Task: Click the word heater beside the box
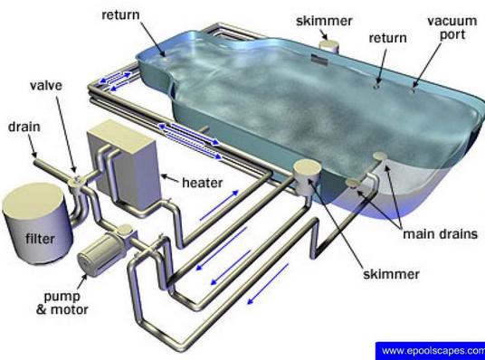coord(203,183)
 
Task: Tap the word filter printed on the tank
coord(40,239)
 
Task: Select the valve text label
coord(46,85)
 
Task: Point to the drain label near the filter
coord(24,127)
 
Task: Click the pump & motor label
coord(62,303)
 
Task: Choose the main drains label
coord(440,233)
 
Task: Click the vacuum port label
coord(452,27)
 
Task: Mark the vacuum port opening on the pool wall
coord(412,91)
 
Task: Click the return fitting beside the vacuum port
coord(376,87)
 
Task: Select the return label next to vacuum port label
coord(387,38)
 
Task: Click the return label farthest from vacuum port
coord(120,14)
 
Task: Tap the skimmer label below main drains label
coord(391,274)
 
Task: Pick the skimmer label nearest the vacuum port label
coord(324,21)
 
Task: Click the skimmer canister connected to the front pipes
coord(306,177)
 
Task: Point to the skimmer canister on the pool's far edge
coord(329,46)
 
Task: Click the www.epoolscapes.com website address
coord(433,351)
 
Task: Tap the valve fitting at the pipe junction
coord(76,181)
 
